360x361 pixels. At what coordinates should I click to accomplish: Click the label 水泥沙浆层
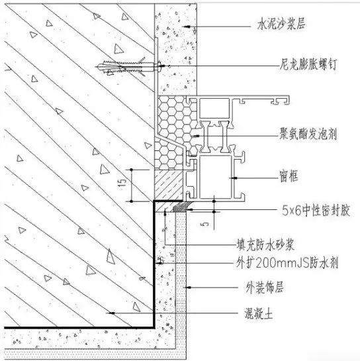pos(281,24)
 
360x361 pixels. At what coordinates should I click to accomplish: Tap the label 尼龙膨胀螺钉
pos(308,64)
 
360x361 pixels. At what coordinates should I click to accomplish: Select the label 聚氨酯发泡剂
pos(308,134)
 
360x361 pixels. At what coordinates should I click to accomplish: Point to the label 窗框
pos(289,176)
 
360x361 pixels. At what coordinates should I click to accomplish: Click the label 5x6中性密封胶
pos(316,210)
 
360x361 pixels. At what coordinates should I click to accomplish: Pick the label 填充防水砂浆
pos(265,244)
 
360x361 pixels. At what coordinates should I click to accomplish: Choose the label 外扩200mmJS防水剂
pos(287,262)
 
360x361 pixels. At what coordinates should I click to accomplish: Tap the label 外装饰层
pos(265,287)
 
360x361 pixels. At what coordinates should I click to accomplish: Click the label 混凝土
pos(259,313)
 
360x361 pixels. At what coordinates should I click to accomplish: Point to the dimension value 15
pos(123,182)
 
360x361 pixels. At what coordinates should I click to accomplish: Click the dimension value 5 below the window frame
pos(206,223)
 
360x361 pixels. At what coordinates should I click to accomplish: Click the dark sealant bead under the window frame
pos(182,207)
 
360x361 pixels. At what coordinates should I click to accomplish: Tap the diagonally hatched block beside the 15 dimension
pos(168,185)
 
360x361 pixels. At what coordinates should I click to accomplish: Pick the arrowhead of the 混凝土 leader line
pos(112,313)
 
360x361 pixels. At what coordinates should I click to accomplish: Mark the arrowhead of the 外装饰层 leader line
pos(189,287)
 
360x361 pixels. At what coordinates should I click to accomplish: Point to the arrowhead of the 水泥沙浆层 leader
pos(187,26)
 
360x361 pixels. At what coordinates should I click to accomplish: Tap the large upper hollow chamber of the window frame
pos(214,108)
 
